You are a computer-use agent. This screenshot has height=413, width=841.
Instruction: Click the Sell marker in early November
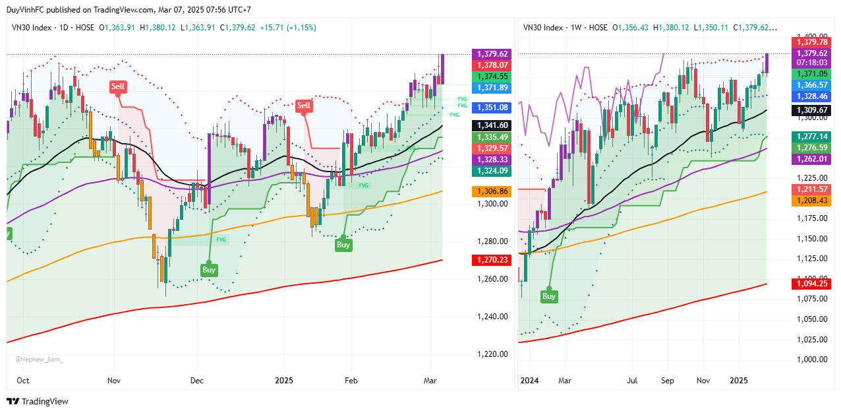[118, 86]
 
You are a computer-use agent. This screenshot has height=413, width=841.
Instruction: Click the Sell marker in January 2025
[304, 106]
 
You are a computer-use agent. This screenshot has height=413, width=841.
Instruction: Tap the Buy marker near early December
[209, 270]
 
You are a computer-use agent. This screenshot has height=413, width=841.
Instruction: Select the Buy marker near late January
[343, 245]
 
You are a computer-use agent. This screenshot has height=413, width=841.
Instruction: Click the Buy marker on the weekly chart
[549, 296]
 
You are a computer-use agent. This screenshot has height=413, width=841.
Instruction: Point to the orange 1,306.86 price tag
[491, 191]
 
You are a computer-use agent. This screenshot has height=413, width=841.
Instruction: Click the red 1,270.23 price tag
[491, 260]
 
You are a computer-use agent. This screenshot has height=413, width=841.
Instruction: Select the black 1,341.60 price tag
[491, 125]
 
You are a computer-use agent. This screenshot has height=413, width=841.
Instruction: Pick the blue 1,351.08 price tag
[491, 108]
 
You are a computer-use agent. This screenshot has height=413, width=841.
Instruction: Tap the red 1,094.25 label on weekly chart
[811, 284]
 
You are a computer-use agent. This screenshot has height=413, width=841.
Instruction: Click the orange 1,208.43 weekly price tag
[811, 200]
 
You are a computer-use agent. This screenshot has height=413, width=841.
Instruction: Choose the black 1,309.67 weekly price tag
[811, 110]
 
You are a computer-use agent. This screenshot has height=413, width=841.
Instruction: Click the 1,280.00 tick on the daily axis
[492, 241]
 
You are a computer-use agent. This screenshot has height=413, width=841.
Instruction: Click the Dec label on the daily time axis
[197, 381]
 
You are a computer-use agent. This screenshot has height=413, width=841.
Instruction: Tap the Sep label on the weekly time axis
[666, 381]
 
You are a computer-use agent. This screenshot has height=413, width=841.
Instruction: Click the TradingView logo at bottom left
[38, 402]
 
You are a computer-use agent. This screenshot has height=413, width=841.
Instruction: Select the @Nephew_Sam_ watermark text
[40, 360]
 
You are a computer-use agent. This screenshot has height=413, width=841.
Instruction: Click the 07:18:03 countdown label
[811, 62]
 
